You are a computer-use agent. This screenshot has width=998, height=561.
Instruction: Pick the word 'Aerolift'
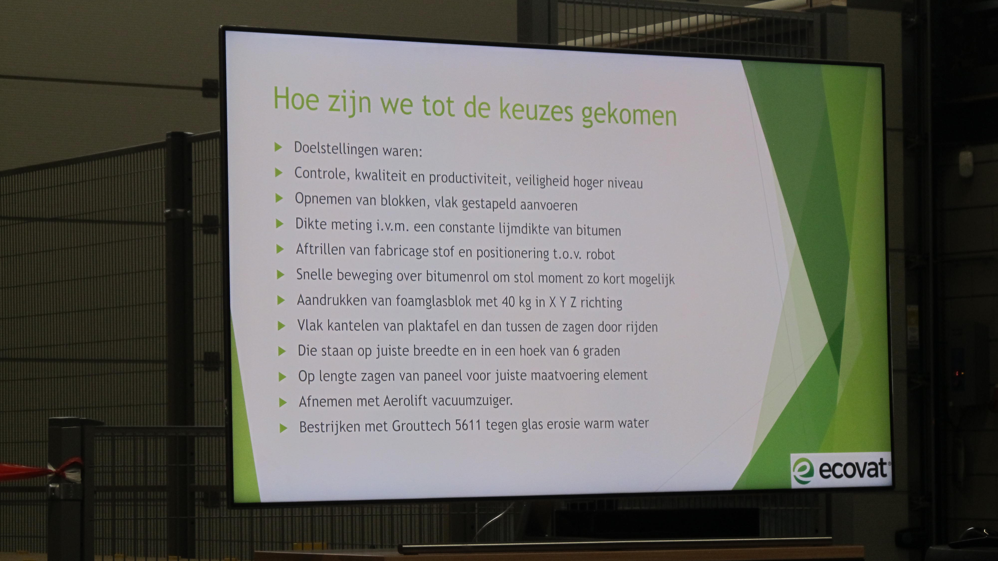click(405, 401)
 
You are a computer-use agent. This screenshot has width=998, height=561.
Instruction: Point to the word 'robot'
click(601, 254)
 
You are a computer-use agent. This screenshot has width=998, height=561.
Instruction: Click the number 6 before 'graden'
click(576, 351)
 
